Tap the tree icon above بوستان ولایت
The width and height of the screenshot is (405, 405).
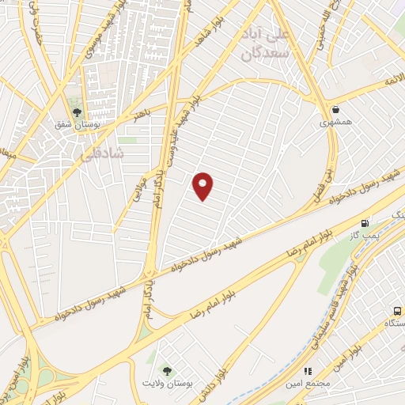click(x=166, y=370)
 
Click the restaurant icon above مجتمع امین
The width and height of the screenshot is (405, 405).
click(x=308, y=370)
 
